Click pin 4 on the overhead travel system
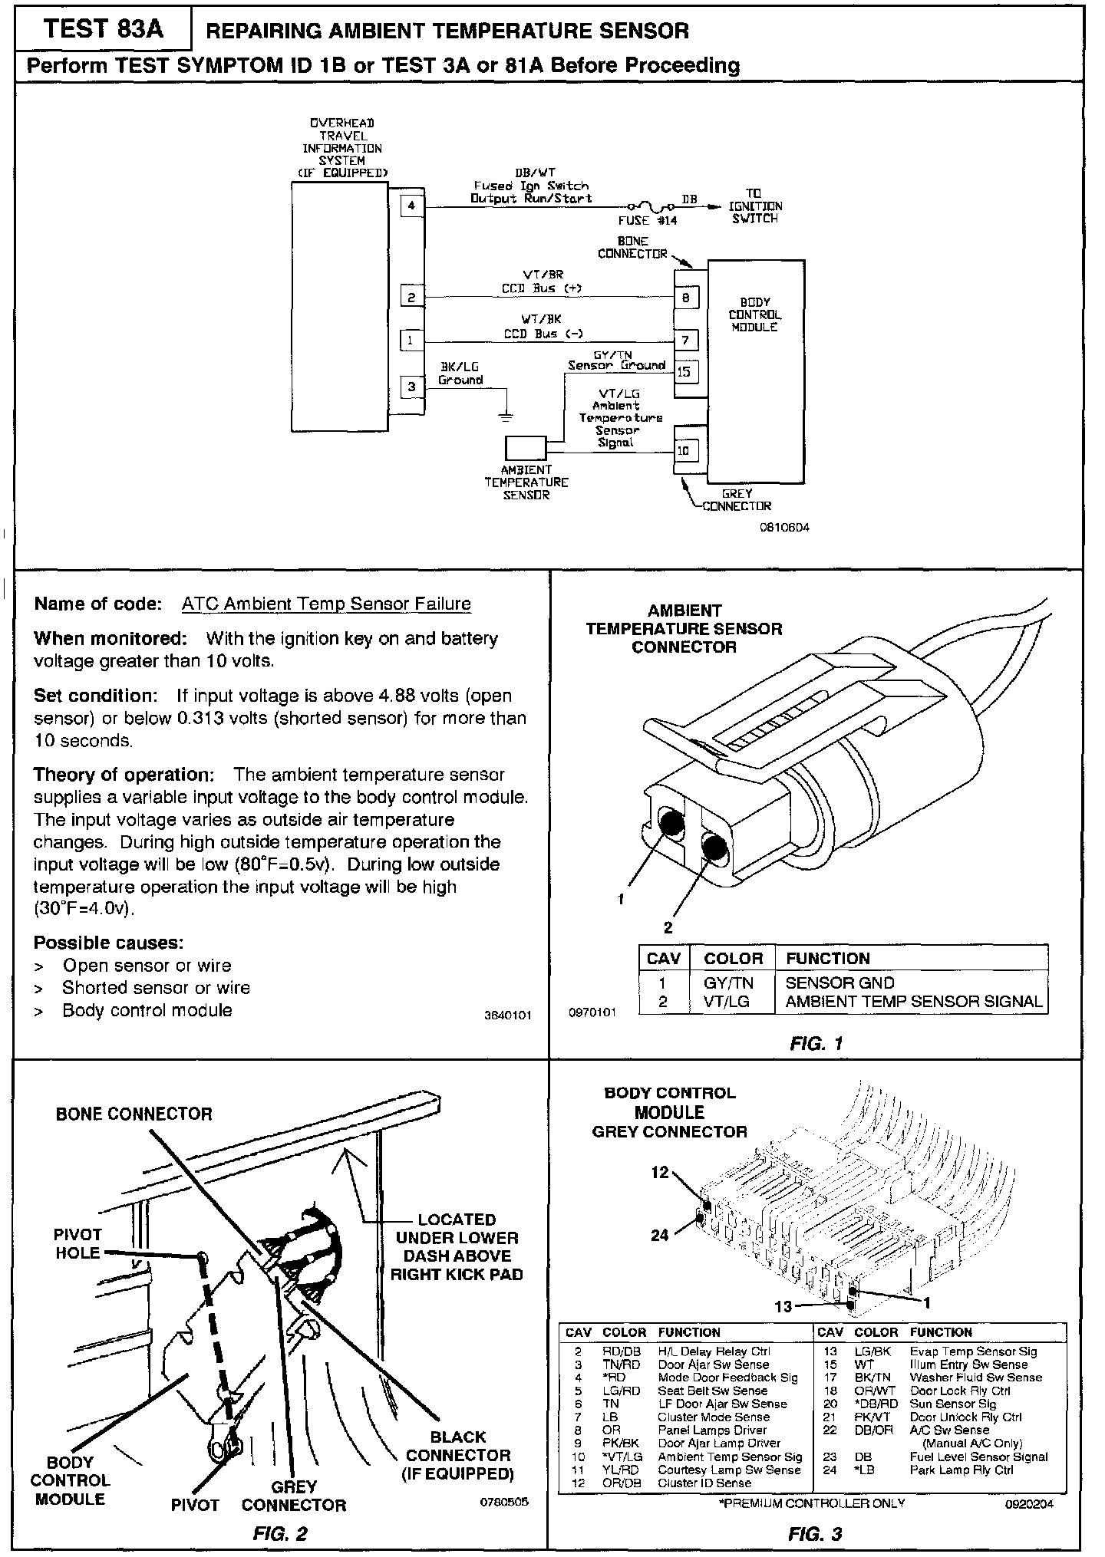click(412, 206)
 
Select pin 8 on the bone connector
click(686, 297)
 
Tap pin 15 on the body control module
click(684, 373)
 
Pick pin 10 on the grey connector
click(684, 450)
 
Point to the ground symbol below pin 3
click(506, 416)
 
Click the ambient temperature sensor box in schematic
click(526, 448)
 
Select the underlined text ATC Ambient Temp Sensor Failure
click(326, 604)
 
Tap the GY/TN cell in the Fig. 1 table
click(728, 983)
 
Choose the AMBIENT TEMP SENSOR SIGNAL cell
click(913, 1001)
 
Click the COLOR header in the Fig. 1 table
click(733, 958)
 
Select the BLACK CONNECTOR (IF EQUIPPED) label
click(458, 1455)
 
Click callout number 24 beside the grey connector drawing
click(660, 1235)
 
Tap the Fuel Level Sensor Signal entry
click(978, 1457)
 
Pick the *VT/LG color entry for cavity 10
click(622, 1457)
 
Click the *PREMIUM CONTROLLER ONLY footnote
click(811, 1503)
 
